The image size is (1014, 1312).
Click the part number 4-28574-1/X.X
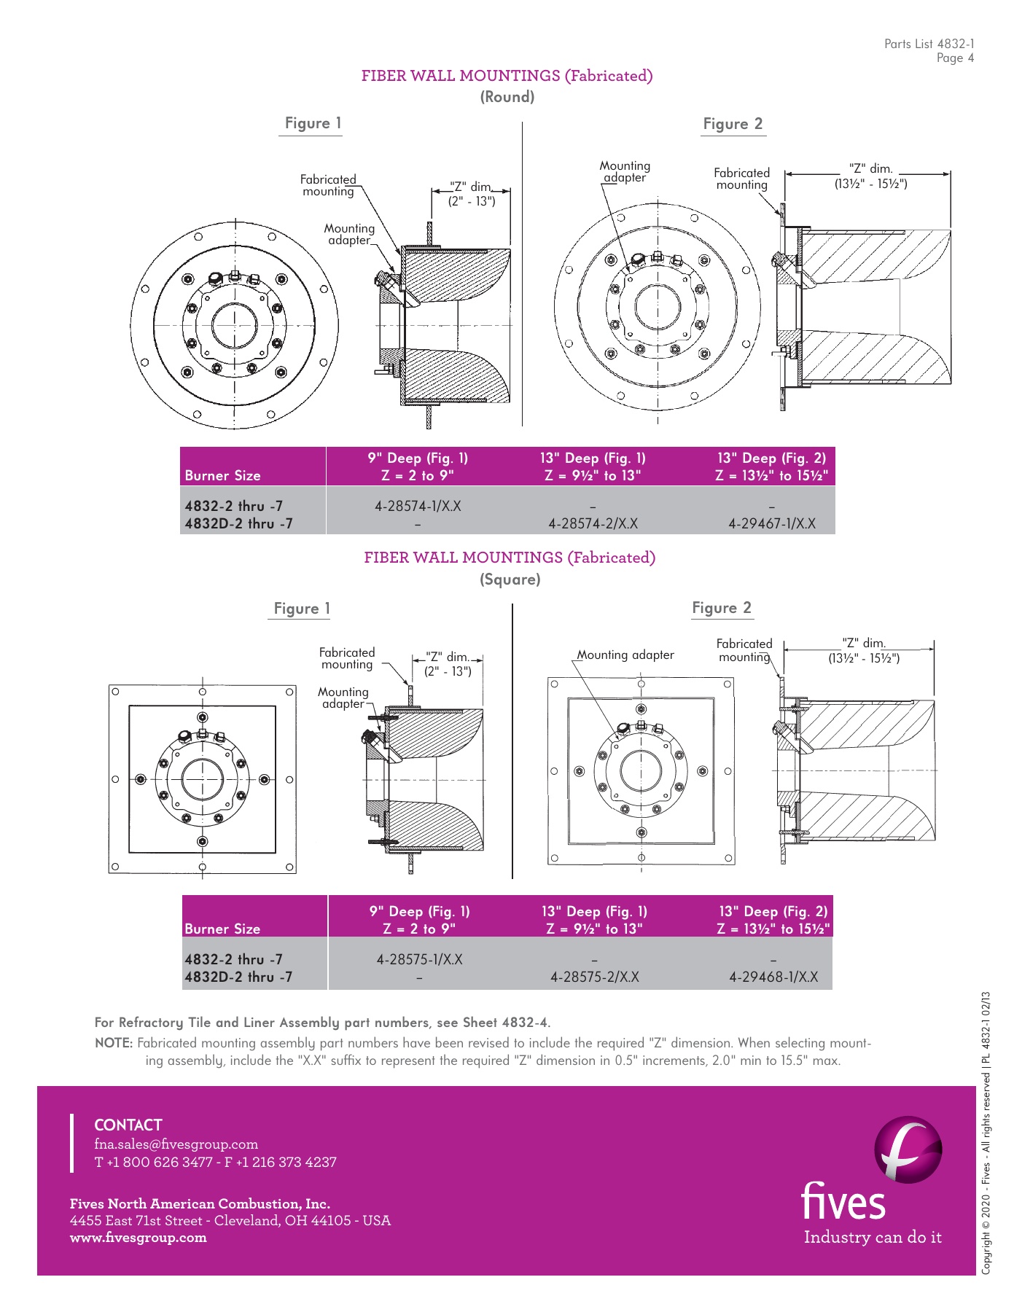(418, 506)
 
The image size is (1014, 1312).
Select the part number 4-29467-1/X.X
(772, 523)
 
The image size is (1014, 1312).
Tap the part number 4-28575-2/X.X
(594, 977)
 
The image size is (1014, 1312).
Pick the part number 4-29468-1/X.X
(773, 977)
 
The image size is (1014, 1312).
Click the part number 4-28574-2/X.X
(593, 523)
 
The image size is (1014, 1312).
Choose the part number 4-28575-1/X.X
(419, 959)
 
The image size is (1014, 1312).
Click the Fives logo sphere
(908, 1149)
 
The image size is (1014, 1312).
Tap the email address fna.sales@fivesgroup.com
(176, 1144)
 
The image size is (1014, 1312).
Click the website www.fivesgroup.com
(138, 1237)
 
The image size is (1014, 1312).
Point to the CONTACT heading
(128, 1125)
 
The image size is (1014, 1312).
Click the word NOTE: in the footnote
(114, 1043)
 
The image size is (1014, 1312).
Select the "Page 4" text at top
(955, 58)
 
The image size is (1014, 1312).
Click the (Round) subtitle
(507, 97)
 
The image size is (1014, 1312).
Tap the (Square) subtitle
(510, 579)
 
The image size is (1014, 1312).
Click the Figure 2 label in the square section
(721, 608)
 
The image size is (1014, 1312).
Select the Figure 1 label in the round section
(313, 123)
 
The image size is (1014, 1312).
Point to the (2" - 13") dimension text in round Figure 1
(471, 201)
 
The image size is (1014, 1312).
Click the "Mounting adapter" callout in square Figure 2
(625, 655)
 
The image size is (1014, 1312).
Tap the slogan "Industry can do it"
(873, 1237)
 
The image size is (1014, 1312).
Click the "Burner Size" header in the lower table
(222, 929)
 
